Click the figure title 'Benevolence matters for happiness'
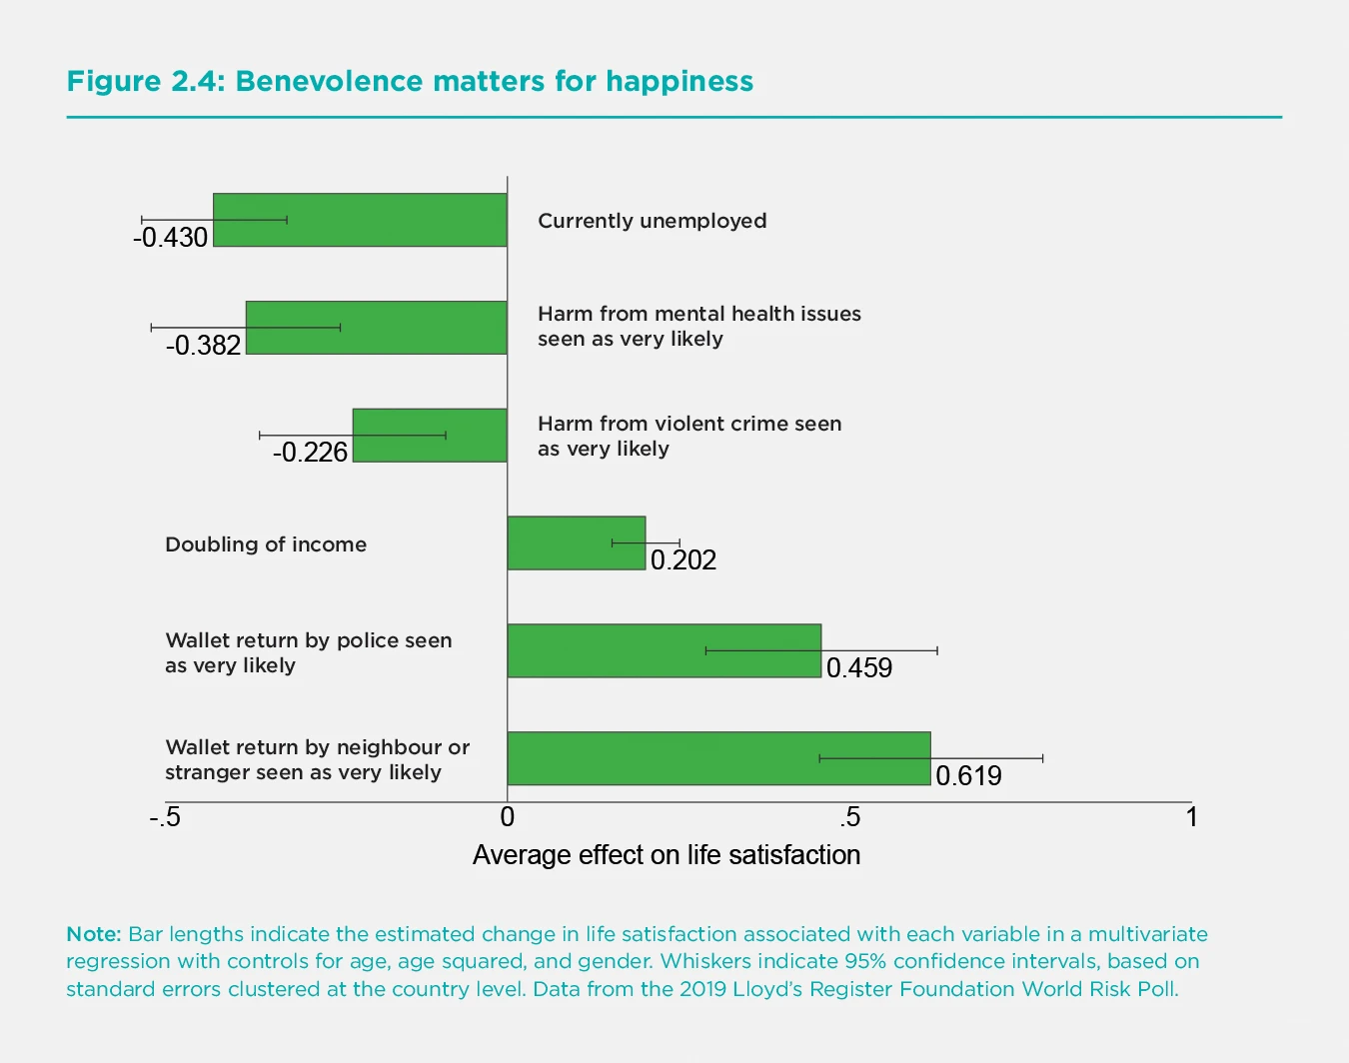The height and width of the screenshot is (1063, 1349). tap(410, 81)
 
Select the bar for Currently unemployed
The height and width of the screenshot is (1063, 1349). tap(360, 220)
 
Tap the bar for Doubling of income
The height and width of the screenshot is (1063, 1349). tap(577, 543)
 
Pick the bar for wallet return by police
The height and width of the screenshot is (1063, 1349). tap(664, 650)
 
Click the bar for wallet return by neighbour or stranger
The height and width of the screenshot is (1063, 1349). tap(718, 758)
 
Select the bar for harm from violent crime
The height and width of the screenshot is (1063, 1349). tap(430, 436)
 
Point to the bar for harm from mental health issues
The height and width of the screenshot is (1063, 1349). tap(377, 328)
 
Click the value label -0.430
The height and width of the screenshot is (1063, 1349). tap(171, 238)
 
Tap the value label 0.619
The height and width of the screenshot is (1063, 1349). tap(968, 776)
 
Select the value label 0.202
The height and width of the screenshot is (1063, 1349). tap(683, 560)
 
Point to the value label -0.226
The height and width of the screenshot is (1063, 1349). tap(310, 453)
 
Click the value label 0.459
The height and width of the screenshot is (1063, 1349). tap(859, 668)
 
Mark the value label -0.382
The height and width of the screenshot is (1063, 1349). tap(204, 346)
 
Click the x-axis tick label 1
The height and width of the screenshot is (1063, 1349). tap(1191, 818)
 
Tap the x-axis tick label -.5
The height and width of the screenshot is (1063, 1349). tap(165, 818)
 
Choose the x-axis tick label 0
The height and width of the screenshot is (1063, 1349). tap(508, 818)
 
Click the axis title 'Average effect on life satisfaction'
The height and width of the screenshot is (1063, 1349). tap(667, 855)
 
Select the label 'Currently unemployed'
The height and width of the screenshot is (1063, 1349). tap(653, 221)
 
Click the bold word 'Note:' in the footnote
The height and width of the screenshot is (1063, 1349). tap(94, 934)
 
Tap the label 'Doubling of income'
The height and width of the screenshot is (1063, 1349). tap(266, 544)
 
